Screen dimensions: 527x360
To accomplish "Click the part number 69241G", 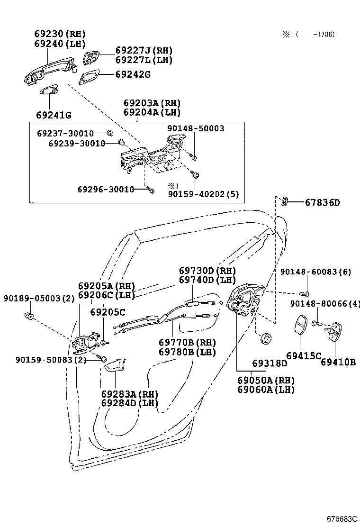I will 54,115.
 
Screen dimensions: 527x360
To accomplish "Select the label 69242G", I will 133,74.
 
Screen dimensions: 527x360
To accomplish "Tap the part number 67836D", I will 322,203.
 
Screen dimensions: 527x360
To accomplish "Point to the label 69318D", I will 270,363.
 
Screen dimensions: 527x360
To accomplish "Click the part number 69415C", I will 303,356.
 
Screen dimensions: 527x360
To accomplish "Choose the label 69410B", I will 338,363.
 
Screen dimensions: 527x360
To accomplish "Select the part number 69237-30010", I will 65,134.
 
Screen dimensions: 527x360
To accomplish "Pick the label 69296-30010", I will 106,189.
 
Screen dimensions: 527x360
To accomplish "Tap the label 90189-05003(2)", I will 39,298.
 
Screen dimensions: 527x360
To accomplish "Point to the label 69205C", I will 108,312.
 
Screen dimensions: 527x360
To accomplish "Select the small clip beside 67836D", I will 286,201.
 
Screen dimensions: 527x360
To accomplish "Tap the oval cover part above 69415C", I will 301,327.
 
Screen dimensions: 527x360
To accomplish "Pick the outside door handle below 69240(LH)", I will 50,71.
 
